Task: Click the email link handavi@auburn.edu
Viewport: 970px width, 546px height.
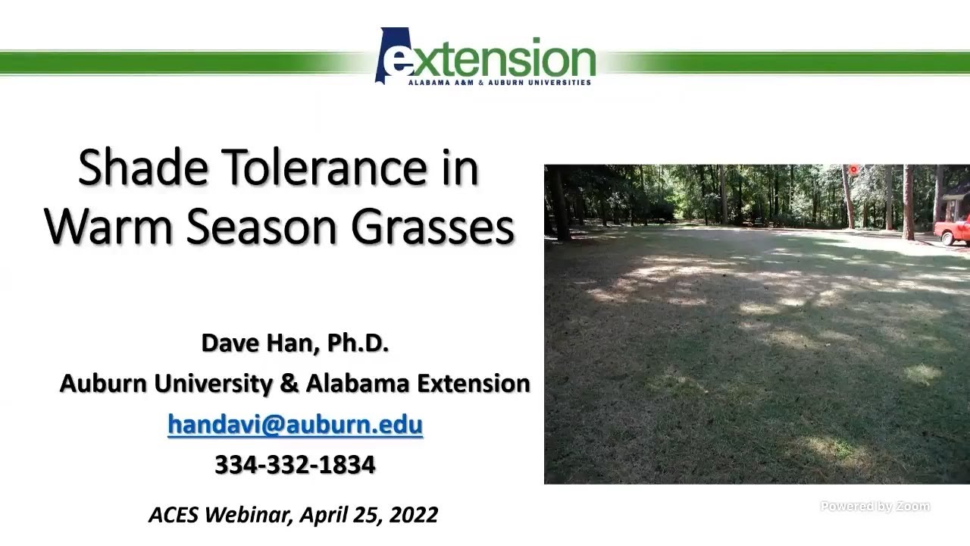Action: coord(295,424)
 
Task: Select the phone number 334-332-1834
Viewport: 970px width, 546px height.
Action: coord(295,465)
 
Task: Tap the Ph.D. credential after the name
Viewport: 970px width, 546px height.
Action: coord(358,344)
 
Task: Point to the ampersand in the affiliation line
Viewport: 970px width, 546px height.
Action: coord(289,384)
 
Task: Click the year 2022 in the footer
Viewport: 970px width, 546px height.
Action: coord(413,516)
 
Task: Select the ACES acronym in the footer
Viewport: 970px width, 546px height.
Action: coord(173,516)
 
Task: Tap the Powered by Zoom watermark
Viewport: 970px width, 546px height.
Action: coord(875,507)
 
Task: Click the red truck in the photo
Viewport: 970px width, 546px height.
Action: coord(954,229)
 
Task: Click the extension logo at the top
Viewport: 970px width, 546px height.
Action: coord(485,57)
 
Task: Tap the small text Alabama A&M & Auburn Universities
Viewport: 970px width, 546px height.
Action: coord(499,82)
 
